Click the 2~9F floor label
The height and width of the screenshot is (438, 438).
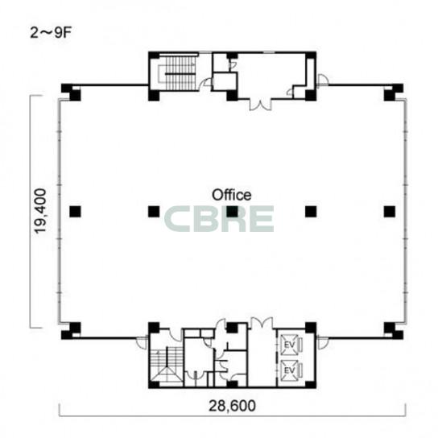[51, 33]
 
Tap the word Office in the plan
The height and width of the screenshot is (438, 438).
[232, 195]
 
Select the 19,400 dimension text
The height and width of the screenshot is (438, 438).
[40, 211]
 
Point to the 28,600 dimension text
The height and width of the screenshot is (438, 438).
[232, 406]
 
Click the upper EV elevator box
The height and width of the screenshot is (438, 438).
[289, 345]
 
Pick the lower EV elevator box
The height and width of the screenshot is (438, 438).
[289, 370]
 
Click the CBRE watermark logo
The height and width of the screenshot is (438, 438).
[219, 219]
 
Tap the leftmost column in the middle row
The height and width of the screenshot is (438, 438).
[75, 212]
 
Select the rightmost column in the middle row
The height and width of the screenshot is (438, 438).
[390, 212]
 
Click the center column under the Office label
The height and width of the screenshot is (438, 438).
[232, 212]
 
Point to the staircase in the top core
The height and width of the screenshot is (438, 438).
[177, 73]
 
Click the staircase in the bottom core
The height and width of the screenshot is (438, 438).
[167, 365]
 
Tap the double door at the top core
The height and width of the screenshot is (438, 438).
[260, 105]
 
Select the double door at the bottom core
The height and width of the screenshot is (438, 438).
[262, 323]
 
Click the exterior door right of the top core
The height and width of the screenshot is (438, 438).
[323, 81]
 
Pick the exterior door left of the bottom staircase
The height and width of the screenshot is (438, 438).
[142, 343]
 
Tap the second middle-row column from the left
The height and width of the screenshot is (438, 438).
[154, 212]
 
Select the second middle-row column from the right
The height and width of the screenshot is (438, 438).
[311, 212]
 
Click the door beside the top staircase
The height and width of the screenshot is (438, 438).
[208, 82]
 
